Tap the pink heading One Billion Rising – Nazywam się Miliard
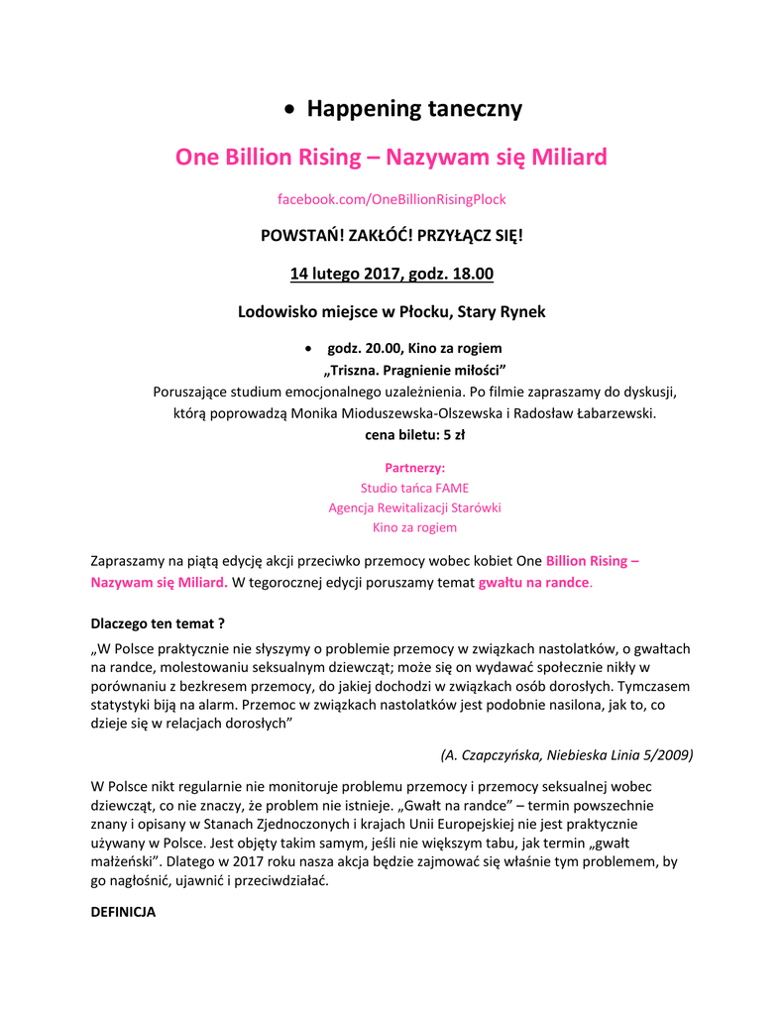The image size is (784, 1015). [x=392, y=158]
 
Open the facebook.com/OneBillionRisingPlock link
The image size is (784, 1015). [x=392, y=199]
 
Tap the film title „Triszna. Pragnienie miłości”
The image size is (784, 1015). [x=393, y=370]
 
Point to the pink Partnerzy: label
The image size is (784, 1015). [x=414, y=467]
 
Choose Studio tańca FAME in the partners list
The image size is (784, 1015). [x=414, y=488]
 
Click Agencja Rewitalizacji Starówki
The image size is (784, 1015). [x=414, y=507]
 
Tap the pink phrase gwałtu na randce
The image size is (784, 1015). [x=533, y=582]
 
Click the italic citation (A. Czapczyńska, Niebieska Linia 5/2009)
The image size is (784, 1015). [x=566, y=754]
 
